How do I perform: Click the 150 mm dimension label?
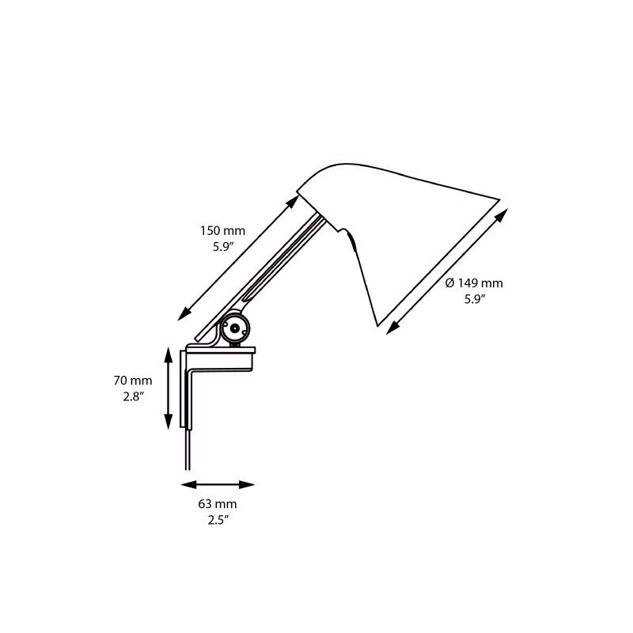(x=222, y=231)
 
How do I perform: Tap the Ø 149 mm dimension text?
(x=474, y=283)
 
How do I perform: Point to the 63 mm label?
(x=217, y=503)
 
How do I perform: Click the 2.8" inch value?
(x=131, y=397)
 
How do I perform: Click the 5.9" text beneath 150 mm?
(x=222, y=247)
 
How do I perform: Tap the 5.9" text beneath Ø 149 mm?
(x=475, y=299)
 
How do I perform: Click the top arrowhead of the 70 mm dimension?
(x=167, y=353)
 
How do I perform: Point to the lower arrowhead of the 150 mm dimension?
(x=184, y=314)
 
